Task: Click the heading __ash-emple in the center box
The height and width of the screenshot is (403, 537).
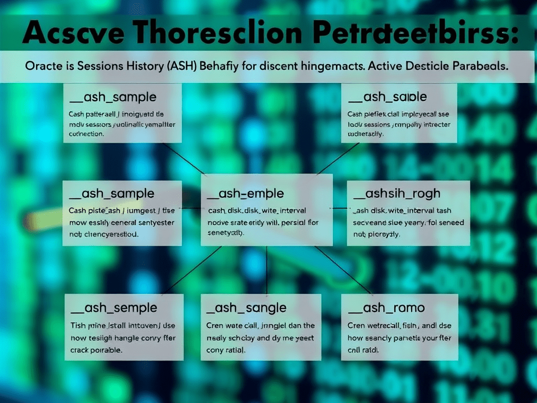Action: click(x=245, y=194)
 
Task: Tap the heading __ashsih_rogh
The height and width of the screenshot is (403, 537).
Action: click(x=396, y=194)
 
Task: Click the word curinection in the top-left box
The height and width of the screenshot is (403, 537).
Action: click(x=87, y=134)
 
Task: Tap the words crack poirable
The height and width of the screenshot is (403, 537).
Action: click(x=96, y=349)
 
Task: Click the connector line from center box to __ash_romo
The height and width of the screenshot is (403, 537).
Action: click(x=341, y=270)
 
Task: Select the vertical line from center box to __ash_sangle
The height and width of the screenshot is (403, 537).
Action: click(x=267, y=270)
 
